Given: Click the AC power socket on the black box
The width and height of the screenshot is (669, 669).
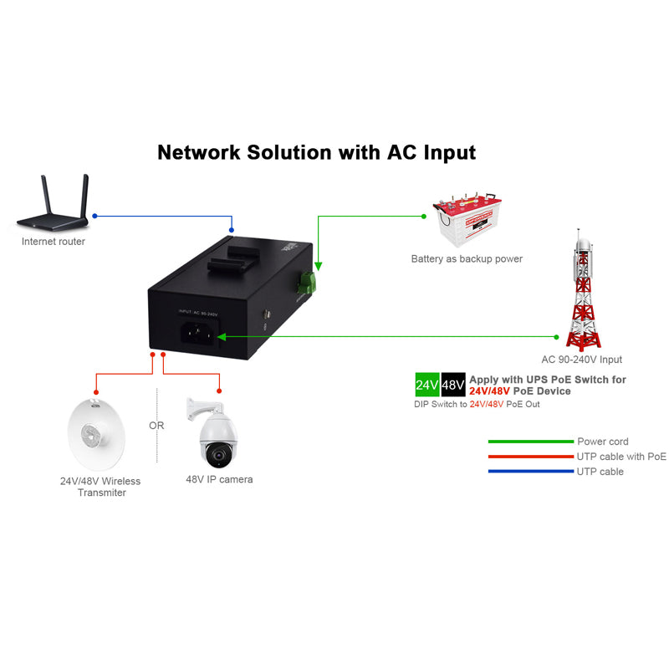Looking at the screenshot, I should pos(199,332).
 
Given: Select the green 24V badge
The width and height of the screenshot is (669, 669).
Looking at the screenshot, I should pos(427,386).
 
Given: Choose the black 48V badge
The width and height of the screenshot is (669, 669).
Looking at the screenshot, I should pos(453,386).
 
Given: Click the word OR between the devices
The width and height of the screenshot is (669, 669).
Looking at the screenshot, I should pos(156,426).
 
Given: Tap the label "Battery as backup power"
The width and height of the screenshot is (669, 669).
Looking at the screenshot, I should pos(467,259).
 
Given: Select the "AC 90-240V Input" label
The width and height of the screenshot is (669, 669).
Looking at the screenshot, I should pos(581,360).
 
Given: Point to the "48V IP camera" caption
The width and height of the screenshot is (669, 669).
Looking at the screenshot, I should pos(219,480).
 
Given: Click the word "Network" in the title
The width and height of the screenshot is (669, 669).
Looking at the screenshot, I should pos(199,153).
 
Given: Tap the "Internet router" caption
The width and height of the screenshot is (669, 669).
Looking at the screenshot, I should pos(54,242).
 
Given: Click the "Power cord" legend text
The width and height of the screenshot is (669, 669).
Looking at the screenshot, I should pos(602,442).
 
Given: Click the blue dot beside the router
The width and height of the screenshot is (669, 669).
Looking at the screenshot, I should pos(94,216).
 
